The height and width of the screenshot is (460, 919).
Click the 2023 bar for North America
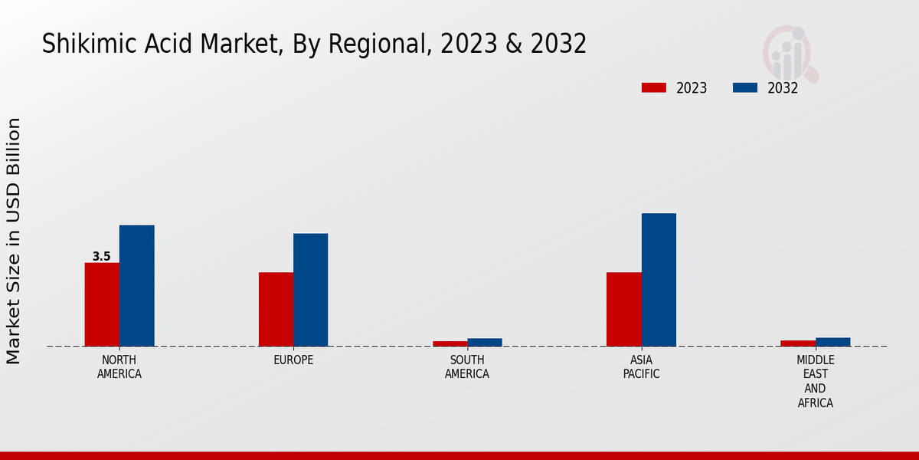[x=102, y=304]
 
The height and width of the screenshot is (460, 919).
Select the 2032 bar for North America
[x=136, y=285]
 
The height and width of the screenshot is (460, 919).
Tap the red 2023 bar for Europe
[x=276, y=309]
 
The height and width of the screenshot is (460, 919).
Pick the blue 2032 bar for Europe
[x=310, y=290]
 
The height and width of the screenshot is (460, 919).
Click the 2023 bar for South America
[x=450, y=343]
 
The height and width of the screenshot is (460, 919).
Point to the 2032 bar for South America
[x=485, y=342]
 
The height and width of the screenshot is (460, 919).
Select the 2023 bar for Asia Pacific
[x=623, y=309]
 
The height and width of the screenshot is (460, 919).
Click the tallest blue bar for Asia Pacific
[x=659, y=280]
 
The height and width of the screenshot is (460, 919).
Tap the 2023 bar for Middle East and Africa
[x=798, y=343]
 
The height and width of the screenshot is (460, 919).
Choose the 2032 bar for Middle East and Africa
[x=832, y=342]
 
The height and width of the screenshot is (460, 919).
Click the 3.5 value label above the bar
[x=102, y=257]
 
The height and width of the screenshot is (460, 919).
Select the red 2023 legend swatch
[x=653, y=88]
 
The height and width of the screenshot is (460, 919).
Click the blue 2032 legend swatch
[x=744, y=88]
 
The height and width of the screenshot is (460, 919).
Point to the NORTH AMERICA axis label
[x=119, y=367]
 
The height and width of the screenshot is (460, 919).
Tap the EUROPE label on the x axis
[x=293, y=360]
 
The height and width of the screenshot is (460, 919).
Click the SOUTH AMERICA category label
[x=467, y=367]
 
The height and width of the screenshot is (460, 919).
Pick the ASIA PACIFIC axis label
[x=641, y=367]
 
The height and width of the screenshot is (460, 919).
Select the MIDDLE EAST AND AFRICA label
[x=816, y=381]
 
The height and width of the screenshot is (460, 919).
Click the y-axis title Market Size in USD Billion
[x=14, y=241]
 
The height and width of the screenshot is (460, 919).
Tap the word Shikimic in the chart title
[x=80, y=44]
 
